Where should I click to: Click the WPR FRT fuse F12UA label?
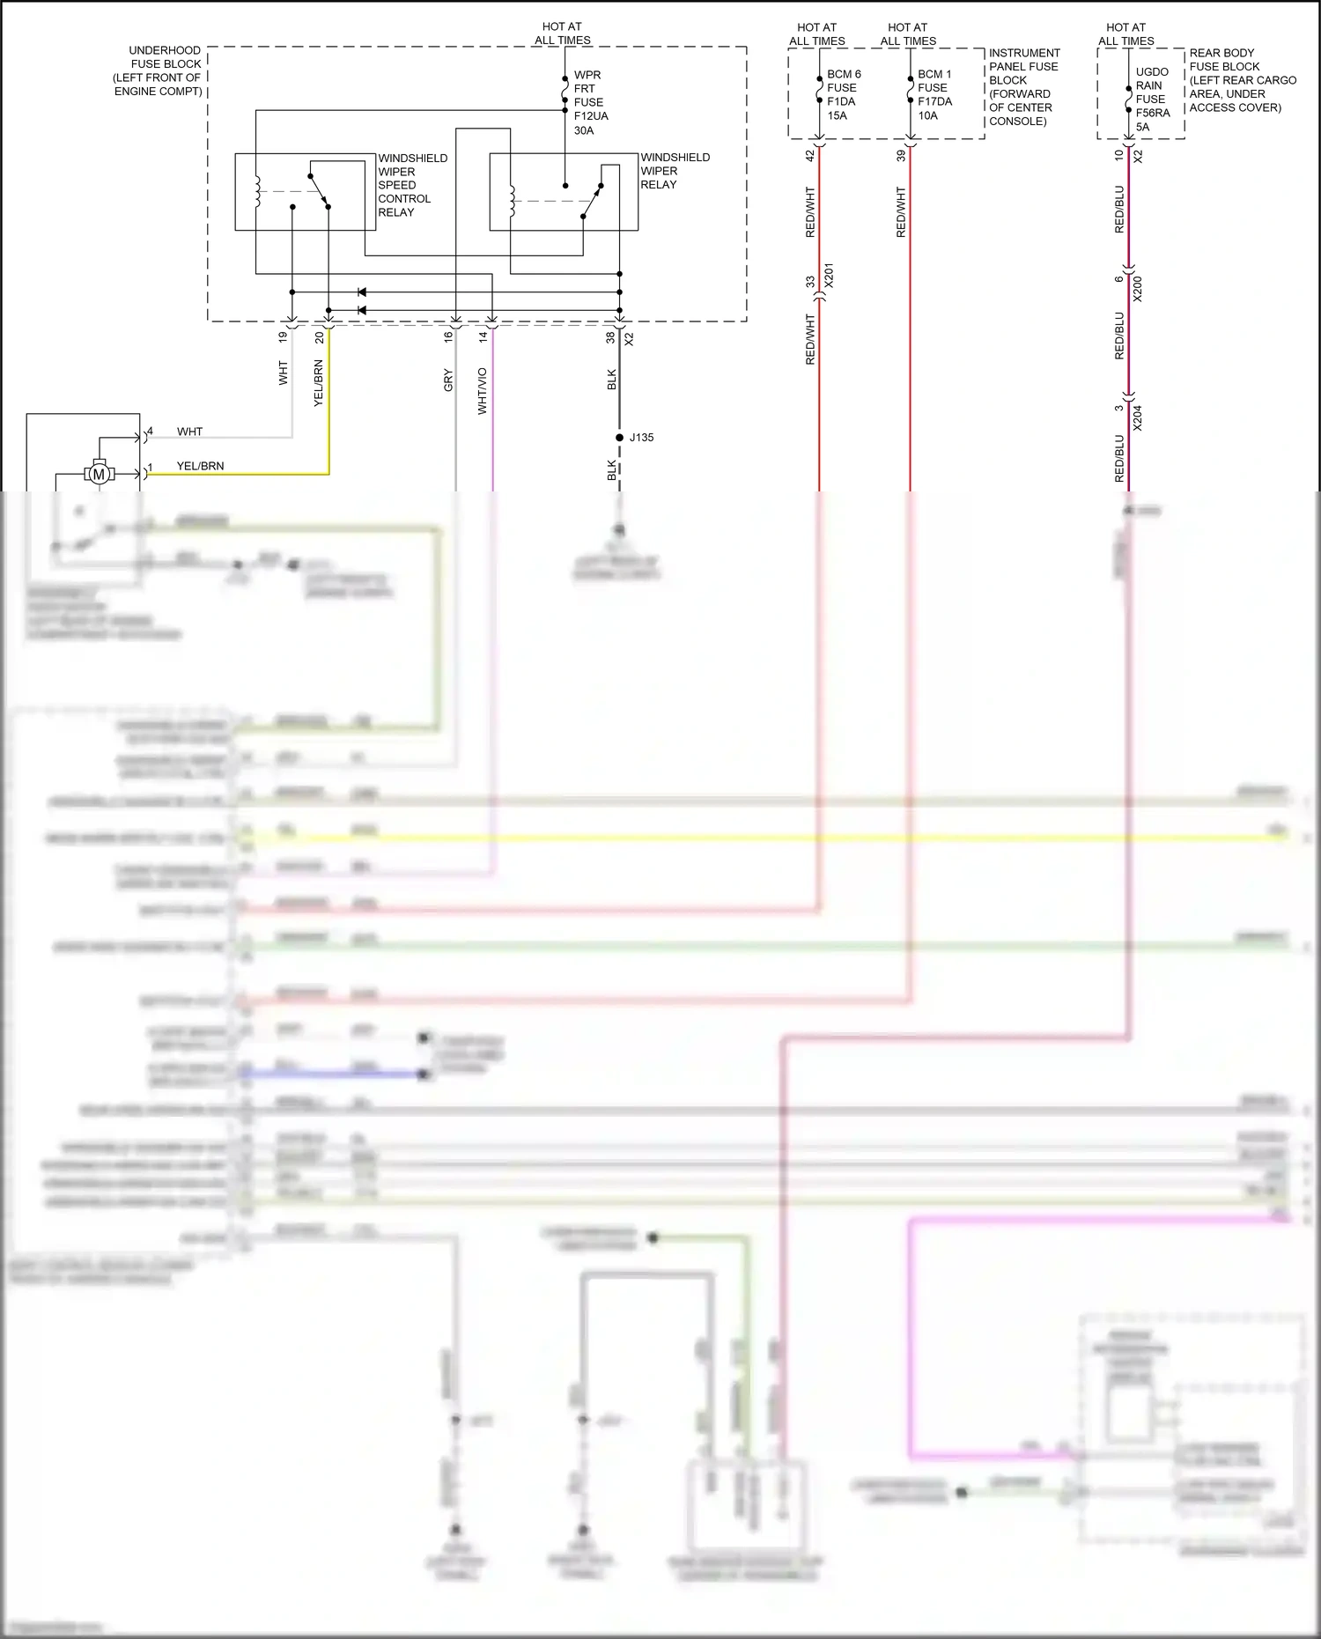tap(590, 102)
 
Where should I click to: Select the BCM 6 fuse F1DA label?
tap(843, 94)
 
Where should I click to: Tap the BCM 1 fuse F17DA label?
tap(934, 94)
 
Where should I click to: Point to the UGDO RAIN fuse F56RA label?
tap(1152, 99)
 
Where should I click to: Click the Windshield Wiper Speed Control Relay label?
tap(412, 185)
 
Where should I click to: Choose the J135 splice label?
tap(641, 438)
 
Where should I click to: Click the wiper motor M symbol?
tap(99, 475)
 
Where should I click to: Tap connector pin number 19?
tap(283, 336)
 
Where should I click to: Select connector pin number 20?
tap(319, 336)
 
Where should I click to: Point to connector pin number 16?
tap(448, 336)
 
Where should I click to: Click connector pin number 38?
tap(610, 336)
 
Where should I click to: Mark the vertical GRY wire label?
tap(448, 380)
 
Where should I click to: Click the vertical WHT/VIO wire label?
tap(482, 391)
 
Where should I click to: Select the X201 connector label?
tap(828, 276)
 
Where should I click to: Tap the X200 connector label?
tap(1137, 288)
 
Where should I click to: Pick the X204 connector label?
tap(1137, 417)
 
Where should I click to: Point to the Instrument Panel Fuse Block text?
tap(1023, 86)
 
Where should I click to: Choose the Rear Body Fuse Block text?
tap(1242, 80)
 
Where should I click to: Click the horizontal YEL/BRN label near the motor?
tap(200, 466)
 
